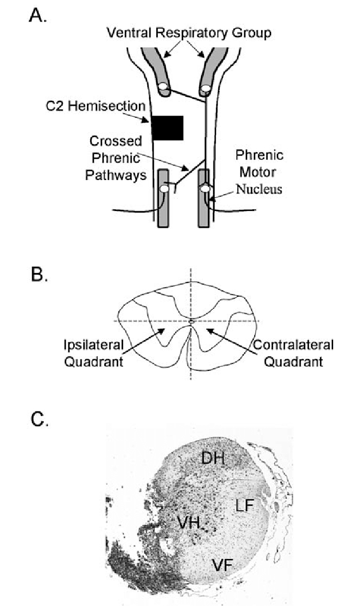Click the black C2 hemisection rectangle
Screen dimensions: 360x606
(167, 127)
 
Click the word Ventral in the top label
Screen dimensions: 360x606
(129, 33)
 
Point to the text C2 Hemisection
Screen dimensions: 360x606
(95, 106)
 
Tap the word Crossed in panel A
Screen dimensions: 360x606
(116, 140)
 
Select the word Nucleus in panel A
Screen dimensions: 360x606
(259, 189)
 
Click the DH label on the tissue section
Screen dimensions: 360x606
(213, 458)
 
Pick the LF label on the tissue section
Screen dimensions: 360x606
(245, 505)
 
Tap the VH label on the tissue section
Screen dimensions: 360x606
(189, 522)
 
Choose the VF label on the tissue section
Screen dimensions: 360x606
(222, 565)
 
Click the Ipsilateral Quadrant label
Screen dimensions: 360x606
(94, 353)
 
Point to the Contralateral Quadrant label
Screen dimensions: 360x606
(293, 353)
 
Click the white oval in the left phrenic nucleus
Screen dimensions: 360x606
(164, 189)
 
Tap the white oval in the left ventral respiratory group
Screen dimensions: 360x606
(164, 88)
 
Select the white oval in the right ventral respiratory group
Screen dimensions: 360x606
(206, 88)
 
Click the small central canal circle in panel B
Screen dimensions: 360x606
(191, 321)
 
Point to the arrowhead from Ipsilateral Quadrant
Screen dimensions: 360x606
(163, 330)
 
